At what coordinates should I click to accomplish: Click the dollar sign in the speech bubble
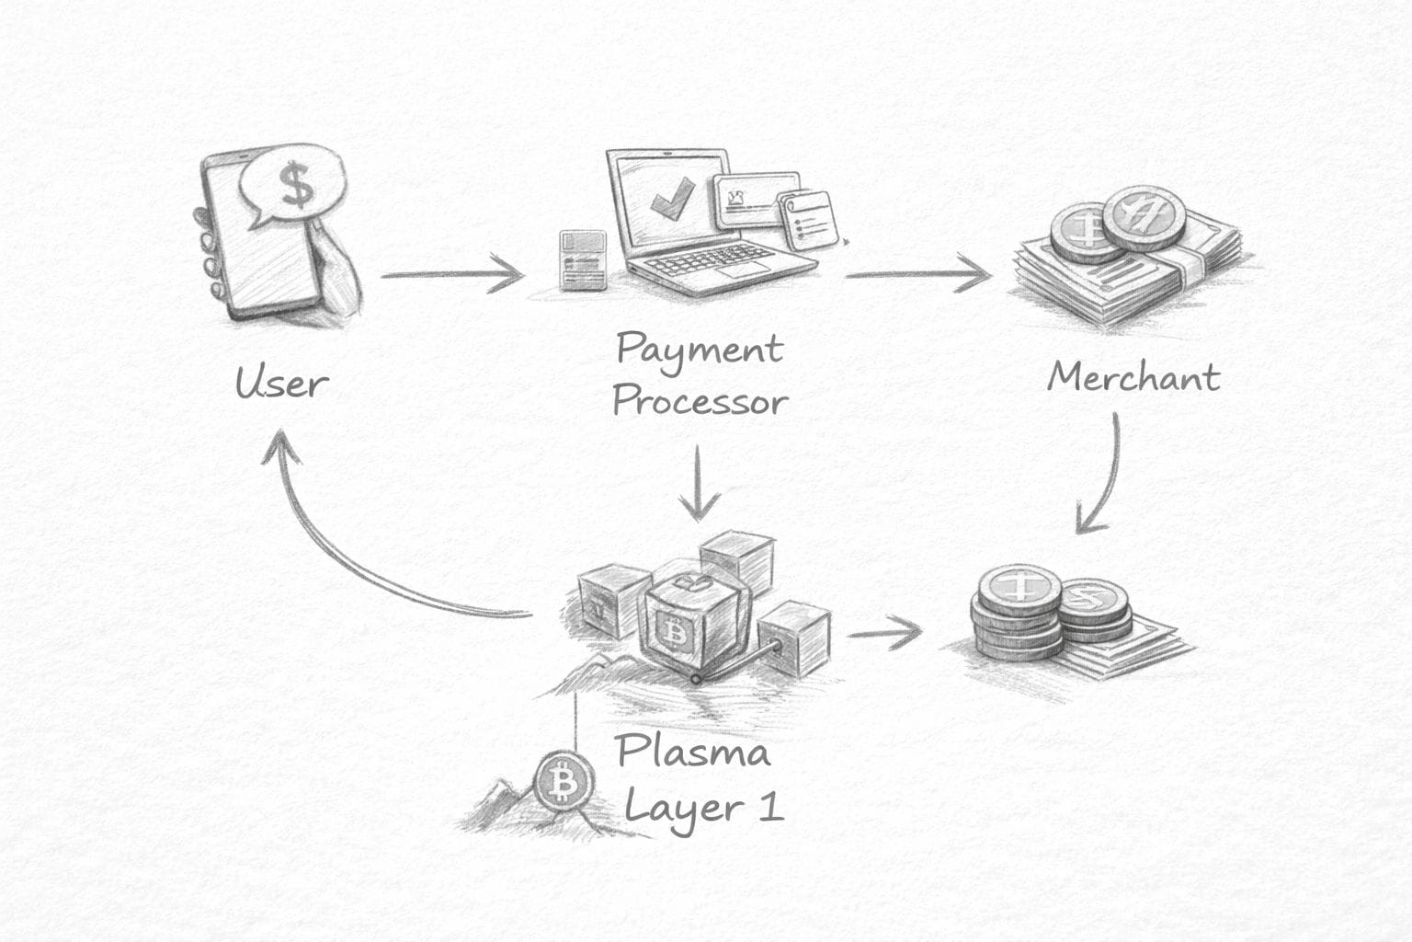coord(296,184)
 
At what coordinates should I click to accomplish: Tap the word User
coord(280,383)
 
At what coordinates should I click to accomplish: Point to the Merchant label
coord(1133,377)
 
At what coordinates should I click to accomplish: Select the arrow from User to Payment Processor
coord(450,274)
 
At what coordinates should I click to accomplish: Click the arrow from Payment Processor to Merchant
coord(917,274)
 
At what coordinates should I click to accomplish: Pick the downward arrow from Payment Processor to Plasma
coord(700,483)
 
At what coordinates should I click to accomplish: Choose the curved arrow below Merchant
coord(1107,478)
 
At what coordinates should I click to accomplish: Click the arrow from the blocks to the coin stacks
coord(882,633)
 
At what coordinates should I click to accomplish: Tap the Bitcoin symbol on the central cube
coord(676,634)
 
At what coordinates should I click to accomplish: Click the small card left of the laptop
coord(583,259)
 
